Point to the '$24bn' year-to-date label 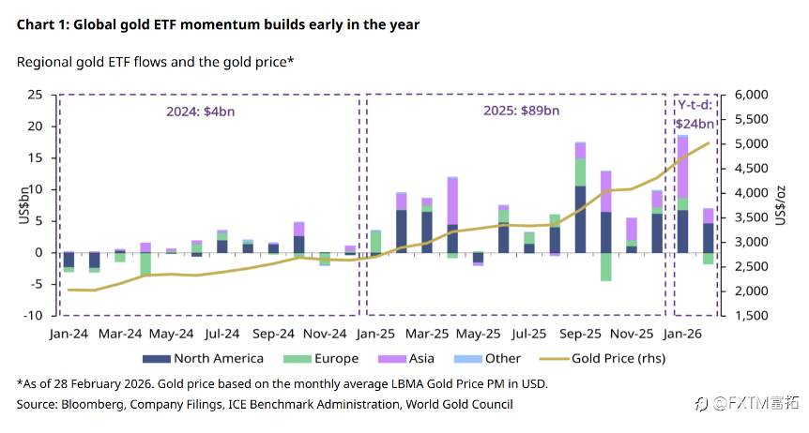(695, 123)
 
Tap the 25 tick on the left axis (35, 95)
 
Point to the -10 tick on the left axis (32, 316)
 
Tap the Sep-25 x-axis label (583, 333)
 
